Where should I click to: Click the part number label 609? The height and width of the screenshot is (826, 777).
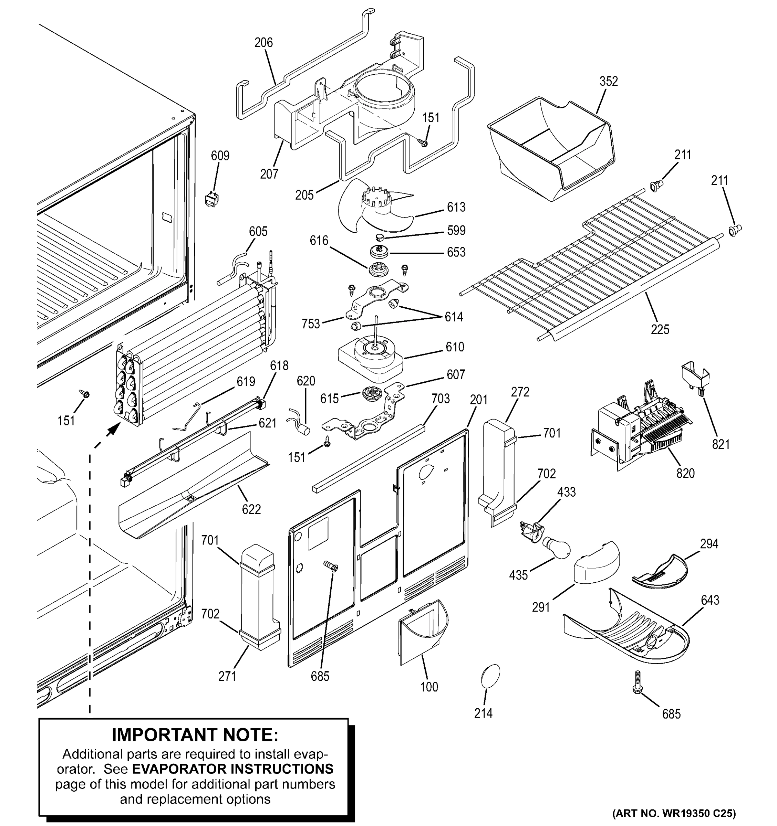click(220, 156)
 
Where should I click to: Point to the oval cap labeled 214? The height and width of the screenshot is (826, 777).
click(490, 677)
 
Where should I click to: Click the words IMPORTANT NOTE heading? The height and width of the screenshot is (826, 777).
click(195, 735)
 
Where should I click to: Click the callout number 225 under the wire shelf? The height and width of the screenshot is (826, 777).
click(660, 329)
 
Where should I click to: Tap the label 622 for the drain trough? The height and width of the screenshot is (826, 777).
click(251, 509)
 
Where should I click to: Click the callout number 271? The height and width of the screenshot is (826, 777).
click(227, 676)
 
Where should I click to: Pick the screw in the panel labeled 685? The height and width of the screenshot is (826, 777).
click(331, 565)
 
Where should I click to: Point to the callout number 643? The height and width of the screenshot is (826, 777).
click(709, 600)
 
